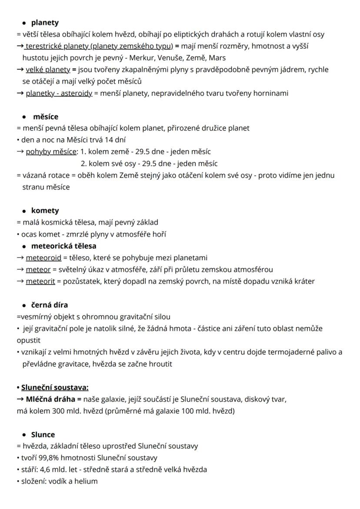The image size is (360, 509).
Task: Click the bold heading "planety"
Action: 45,23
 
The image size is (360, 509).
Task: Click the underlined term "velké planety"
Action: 48,70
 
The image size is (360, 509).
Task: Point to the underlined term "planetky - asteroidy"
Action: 59,93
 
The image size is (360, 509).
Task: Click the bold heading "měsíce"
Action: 46,117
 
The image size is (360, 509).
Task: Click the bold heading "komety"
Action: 45,211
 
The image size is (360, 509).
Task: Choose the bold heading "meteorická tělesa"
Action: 63,246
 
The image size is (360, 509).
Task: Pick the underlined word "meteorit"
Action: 40,281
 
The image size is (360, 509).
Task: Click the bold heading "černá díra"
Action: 50,305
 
